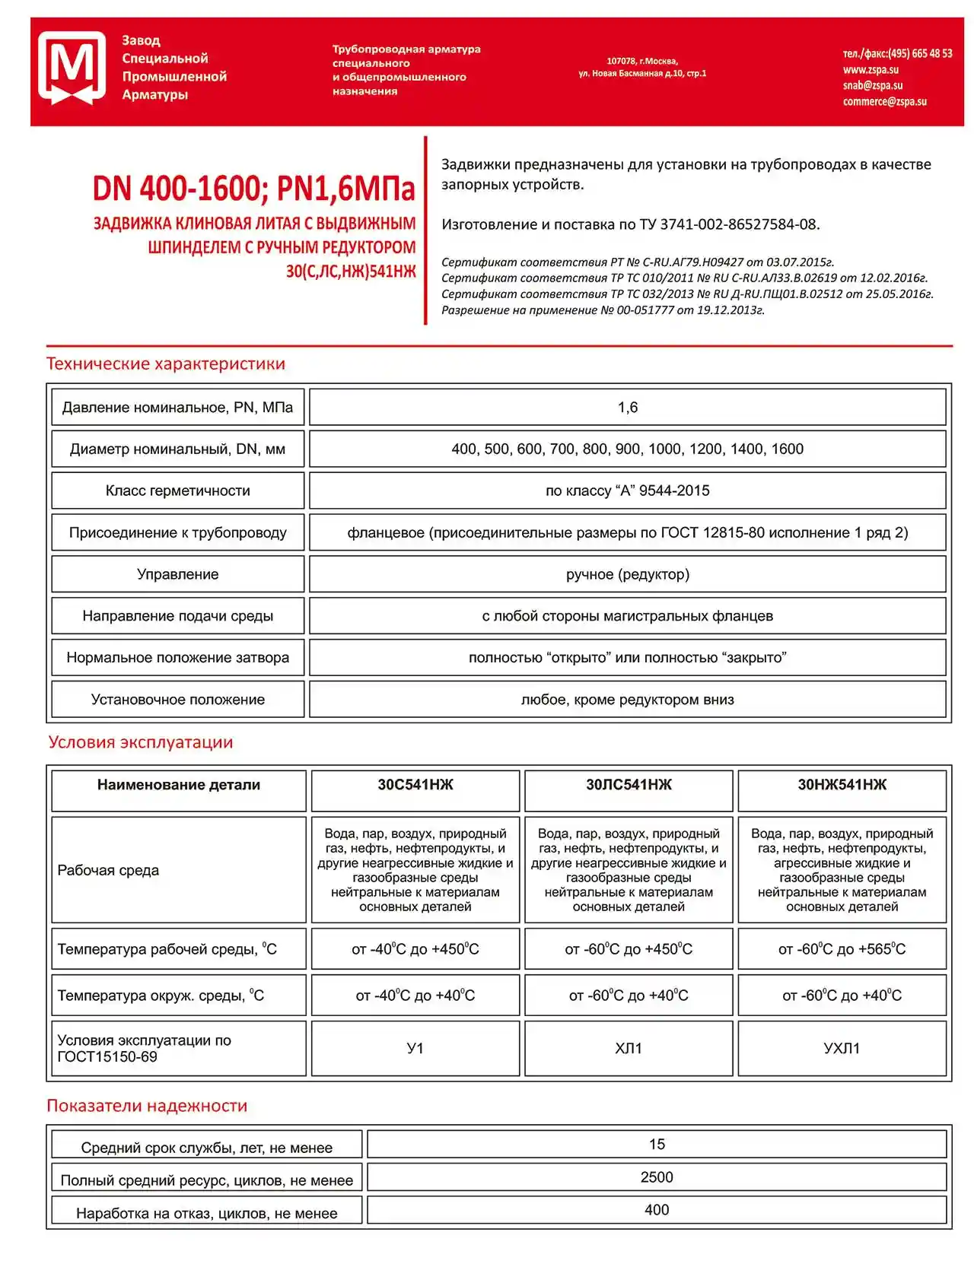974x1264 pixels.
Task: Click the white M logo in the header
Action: click(72, 67)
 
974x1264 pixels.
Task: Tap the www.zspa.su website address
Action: click(871, 70)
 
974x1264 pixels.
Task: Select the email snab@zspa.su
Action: click(873, 86)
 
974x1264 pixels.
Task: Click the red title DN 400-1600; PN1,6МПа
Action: click(254, 189)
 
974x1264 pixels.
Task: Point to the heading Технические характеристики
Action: click(166, 364)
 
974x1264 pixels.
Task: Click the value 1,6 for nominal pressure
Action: click(627, 408)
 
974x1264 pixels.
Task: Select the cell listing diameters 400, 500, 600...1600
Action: click(627, 449)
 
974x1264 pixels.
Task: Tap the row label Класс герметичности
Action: click(177, 491)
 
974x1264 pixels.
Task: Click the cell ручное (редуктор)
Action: click(627, 575)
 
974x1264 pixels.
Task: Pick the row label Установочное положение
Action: click(177, 700)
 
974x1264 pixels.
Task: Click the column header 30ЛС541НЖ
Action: click(629, 785)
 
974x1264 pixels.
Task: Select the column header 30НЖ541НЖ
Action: click(842, 785)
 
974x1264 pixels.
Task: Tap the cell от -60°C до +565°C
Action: click(842, 949)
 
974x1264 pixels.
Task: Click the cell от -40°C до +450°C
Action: click(415, 949)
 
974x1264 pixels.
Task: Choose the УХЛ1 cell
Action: click(842, 1049)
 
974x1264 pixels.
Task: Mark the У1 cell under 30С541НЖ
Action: click(415, 1049)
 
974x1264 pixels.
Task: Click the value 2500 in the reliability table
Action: click(656, 1177)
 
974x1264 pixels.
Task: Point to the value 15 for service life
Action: click(656, 1145)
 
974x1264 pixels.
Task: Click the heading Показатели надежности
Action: click(147, 1107)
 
